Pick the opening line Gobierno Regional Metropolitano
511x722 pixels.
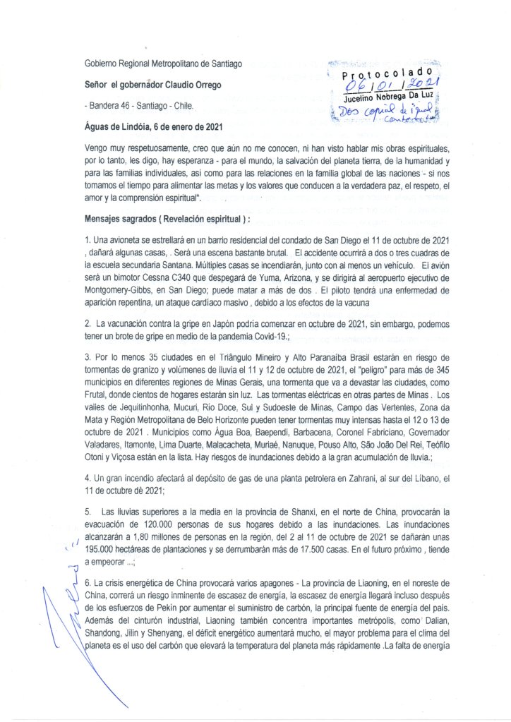pos(164,64)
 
